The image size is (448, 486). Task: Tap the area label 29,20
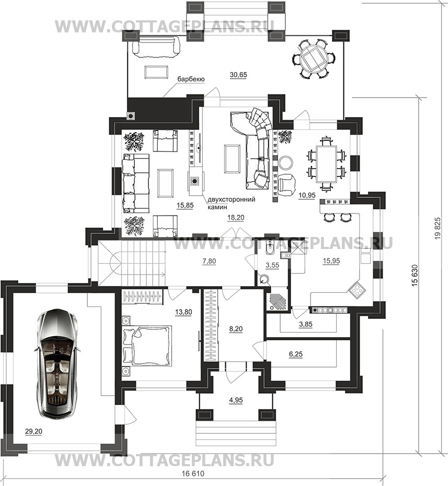[34, 431]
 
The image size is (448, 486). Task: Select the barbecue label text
[191, 79]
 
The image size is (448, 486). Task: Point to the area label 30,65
[238, 75]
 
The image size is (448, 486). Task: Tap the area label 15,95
[331, 261]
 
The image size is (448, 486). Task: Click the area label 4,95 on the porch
[236, 400]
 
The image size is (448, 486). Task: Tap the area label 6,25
[295, 354]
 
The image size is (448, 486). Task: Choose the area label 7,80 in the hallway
[209, 262]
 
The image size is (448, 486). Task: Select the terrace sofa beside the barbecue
[156, 46]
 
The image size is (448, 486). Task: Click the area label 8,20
[236, 329]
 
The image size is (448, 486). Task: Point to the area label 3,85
[305, 325]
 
